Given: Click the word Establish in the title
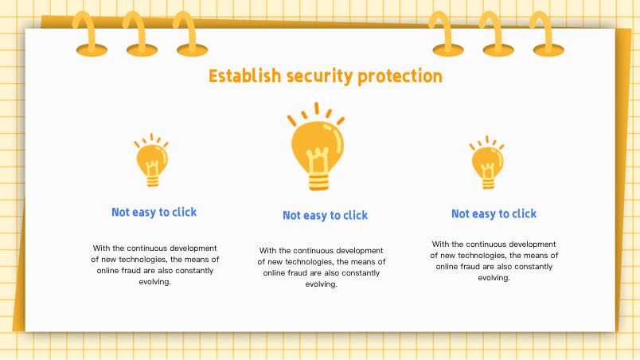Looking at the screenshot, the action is [x=245, y=76].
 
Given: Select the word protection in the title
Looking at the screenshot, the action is [x=400, y=76].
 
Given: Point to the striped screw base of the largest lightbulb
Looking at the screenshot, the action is [x=318, y=182].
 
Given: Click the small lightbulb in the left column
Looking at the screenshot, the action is [x=151, y=160].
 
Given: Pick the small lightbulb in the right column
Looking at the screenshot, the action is [x=487, y=162].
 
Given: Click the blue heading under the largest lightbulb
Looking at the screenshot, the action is [x=326, y=215].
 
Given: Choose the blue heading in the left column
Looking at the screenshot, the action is [x=154, y=212].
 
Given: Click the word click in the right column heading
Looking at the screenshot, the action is [x=524, y=213].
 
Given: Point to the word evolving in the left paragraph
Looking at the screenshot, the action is [x=154, y=282].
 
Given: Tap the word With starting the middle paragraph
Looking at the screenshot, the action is [x=267, y=250].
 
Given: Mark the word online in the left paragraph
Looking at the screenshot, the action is [x=107, y=270].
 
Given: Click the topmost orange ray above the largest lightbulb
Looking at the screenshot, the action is [x=316, y=108].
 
